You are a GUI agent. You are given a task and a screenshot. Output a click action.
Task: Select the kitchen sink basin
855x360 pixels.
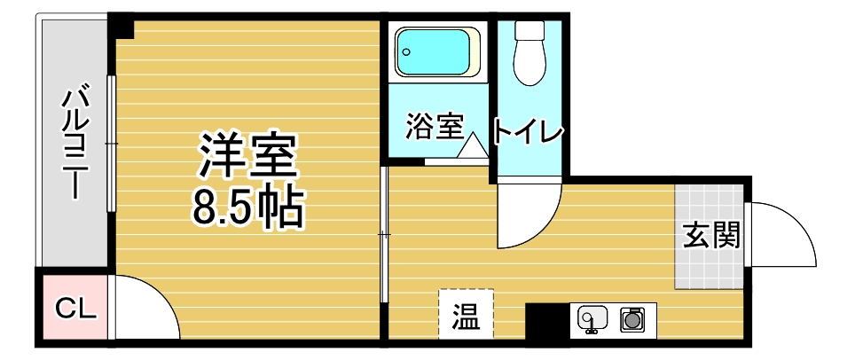click(x=592, y=318)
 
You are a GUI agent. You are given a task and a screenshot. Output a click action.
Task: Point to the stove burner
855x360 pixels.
click(x=632, y=319)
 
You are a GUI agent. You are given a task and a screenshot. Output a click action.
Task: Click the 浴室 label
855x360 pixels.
click(x=434, y=127)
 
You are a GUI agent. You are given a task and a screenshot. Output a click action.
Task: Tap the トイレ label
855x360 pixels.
click(x=528, y=131)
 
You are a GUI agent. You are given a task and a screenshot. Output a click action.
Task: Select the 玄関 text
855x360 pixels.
click(x=711, y=235)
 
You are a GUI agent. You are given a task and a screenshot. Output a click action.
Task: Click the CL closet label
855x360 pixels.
click(x=76, y=309)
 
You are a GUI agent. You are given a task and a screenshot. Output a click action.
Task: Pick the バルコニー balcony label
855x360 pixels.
click(x=75, y=143)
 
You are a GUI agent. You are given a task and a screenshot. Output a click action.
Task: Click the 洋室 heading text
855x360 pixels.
click(x=247, y=154)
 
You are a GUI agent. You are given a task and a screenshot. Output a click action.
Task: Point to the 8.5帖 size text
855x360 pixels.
click(x=247, y=208)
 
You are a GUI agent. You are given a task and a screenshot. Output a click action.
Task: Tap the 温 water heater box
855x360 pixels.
click(x=467, y=314)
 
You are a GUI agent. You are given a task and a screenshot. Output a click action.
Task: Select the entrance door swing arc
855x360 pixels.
click(x=794, y=222)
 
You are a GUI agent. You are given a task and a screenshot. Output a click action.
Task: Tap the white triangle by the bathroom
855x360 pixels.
click(x=472, y=145)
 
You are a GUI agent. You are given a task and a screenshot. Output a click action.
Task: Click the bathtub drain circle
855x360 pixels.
click(x=406, y=52)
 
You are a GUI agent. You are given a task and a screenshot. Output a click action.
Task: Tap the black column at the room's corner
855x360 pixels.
click(x=121, y=26)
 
